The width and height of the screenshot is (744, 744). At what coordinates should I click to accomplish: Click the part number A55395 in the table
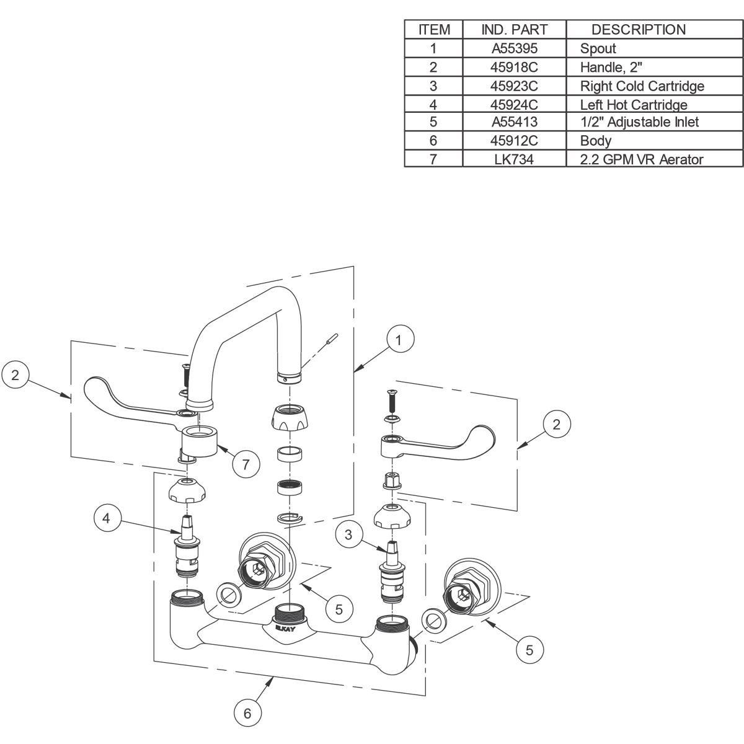514,48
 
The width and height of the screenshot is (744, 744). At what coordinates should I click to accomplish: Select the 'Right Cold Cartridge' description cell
642,86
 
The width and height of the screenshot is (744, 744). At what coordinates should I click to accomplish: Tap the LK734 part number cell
514,159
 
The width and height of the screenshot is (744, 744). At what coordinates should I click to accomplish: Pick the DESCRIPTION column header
639,29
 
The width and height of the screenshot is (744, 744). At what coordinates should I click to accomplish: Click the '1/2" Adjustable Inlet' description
639,122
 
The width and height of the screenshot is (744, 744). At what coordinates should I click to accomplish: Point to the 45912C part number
514,141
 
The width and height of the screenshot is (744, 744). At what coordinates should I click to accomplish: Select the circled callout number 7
246,464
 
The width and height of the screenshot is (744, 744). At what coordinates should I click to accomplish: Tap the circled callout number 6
247,713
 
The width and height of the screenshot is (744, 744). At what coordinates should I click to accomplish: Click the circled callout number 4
107,518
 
